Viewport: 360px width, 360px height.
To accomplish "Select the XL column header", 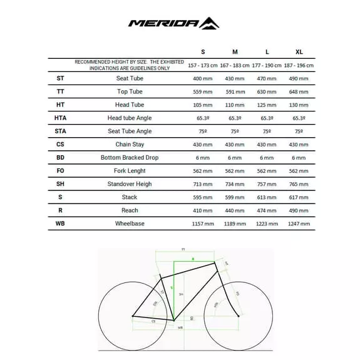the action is click(x=299, y=51).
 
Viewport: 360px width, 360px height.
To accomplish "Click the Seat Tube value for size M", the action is click(x=235, y=78).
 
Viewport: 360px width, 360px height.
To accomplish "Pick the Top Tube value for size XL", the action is click(x=299, y=91).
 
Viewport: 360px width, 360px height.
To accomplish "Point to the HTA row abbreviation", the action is click(x=60, y=118).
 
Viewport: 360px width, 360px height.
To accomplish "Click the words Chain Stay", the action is click(x=130, y=144).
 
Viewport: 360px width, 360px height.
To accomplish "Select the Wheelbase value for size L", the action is click(x=267, y=224).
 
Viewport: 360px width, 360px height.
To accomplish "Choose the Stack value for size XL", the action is click(x=299, y=197).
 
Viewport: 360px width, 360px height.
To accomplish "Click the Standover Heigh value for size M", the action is click(x=235, y=184).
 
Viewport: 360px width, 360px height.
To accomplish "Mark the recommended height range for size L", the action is click(x=267, y=64).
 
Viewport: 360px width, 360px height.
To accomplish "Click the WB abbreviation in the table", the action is click(x=60, y=224).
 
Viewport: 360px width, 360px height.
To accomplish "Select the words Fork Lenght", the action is click(x=130, y=170).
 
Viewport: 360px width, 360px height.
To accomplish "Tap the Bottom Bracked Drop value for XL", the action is click(x=299, y=157).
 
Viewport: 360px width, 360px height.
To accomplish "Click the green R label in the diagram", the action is click(x=193, y=258).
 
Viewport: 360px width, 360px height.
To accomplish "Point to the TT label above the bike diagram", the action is click(x=183, y=249).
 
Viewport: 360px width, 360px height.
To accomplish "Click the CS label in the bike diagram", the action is click(x=153, y=321).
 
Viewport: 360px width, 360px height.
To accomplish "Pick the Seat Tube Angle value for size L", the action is click(x=267, y=131).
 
